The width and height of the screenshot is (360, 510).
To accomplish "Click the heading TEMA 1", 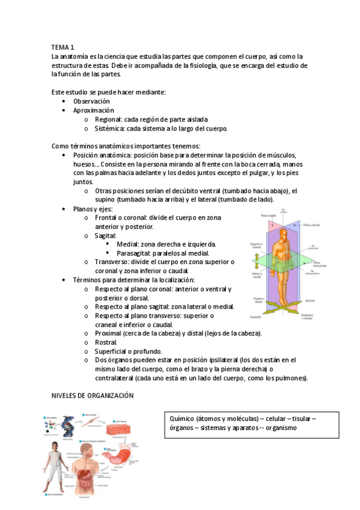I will tap(63, 46).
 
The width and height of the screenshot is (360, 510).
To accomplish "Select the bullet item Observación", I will tap(91, 102).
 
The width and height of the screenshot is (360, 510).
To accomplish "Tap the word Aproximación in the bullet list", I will tap(93, 111).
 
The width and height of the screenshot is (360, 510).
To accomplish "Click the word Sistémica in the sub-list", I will tap(110, 128).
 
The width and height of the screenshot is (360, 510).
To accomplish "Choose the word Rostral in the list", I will tap(105, 342).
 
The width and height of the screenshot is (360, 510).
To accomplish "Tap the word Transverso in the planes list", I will tap(112, 262).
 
